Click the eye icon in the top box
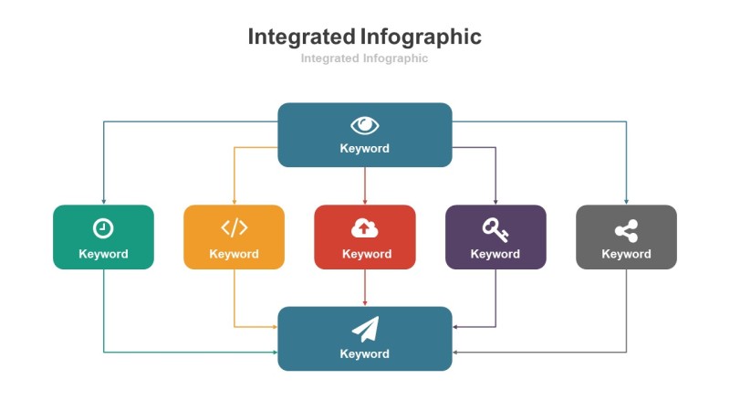click(365, 125)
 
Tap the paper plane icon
click(365, 329)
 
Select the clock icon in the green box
click(103, 227)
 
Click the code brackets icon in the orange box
click(235, 227)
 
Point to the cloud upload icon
click(365, 228)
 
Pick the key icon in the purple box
click(495, 227)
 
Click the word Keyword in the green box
click(103, 254)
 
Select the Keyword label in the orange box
click(235, 254)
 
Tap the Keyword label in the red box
click(365, 254)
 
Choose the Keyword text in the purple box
click(495, 254)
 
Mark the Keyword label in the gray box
click(626, 254)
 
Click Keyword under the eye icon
click(365, 148)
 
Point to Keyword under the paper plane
click(365, 353)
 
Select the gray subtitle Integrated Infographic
click(365, 58)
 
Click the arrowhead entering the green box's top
click(103, 201)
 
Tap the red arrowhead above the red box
click(365, 201)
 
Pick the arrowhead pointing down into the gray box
click(626, 201)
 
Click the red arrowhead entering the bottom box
click(365, 303)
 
